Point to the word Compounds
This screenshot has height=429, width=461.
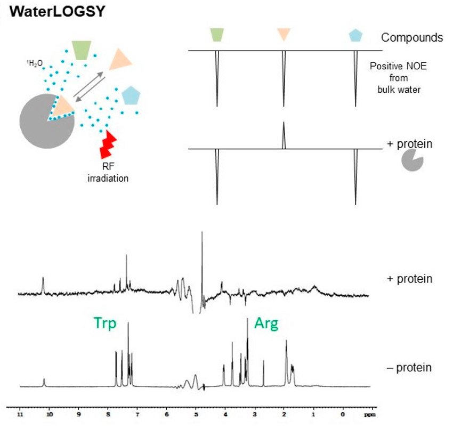click(x=411, y=38)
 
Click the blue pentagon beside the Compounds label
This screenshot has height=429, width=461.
click(x=355, y=35)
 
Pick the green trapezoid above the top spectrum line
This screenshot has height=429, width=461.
click(x=217, y=35)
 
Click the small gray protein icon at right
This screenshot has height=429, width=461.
click(x=411, y=160)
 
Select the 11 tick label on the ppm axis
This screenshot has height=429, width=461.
click(x=20, y=414)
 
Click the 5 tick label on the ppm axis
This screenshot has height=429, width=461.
click(x=196, y=414)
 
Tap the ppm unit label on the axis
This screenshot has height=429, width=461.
click(x=369, y=414)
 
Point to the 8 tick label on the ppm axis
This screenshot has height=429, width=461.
click(x=108, y=414)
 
